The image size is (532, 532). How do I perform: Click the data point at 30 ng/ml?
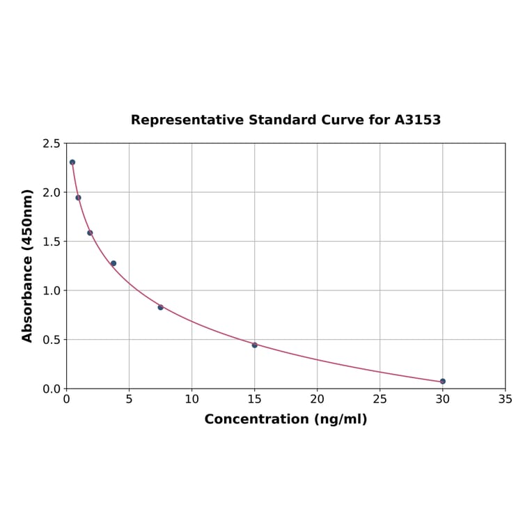pyautogui.click(x=443, y=382)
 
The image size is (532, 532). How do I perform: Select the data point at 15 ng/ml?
pyautogui.click(x=255, y=345)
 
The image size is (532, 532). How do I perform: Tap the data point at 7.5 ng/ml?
pyautogui.click(x=160, y=307)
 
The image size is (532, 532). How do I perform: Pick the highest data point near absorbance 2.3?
pyautogui.click(x=72, y=162)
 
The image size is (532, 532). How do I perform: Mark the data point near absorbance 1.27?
pyautogui.click(x=114, y=263)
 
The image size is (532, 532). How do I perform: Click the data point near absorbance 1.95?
pyautogui.click(x=78, y=198)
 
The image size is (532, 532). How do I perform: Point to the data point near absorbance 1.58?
pyautogui.click(x=90, y=233)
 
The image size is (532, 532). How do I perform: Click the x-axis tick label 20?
pyautogui.click(x=318, y=400)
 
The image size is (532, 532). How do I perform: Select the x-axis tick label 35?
pyautogui.click(x=506, y=400)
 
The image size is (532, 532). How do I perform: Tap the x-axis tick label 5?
pyautogui.click(x=129, y=400)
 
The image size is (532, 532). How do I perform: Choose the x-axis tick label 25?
pyautogui.click(x=380, y=400)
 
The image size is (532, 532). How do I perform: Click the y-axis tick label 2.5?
pyautogui.click(x=52, y=143)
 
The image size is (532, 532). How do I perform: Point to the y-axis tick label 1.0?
pyautogui.click(x=52, y=290)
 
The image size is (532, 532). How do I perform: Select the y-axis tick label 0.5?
pyautogui.click(x=52, y=340)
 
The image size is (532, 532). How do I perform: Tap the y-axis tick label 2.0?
pyautogui.click(x=52, y=192)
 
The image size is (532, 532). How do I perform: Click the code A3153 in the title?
pyautogui.click(x=418, y=120)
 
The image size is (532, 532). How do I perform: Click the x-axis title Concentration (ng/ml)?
pyautogui.click(x=285, y=419)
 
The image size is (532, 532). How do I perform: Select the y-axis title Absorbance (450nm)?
pyautogui.click(x=28, y=265)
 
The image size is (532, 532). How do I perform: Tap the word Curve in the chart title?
pyautogui.click(x=341, y=120)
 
